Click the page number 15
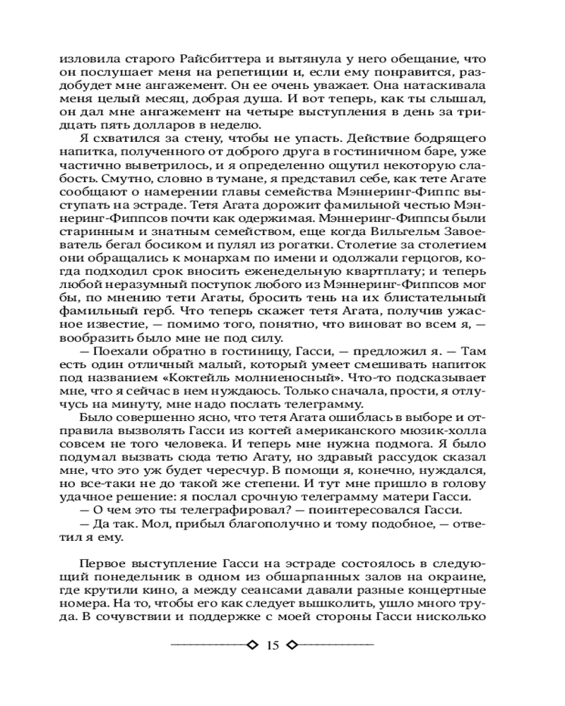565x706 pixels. pyautogui.click(x=273, y=645)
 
